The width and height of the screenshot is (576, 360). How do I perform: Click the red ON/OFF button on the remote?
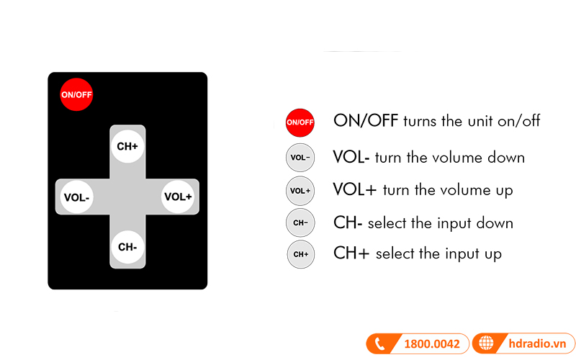coord(76,94)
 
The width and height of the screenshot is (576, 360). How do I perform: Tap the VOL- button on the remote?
coord(77,197)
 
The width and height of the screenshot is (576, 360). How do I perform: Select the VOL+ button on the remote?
coord(178,197)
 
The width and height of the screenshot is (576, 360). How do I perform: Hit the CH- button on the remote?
coord(127,247)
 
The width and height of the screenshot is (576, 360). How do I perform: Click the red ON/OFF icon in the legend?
coord(300,122)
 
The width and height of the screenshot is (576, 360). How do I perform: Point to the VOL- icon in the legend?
coord(300,158)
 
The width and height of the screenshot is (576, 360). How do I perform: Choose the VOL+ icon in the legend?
coord(300,191)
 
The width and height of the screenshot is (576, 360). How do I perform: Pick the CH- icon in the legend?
coord(300,222)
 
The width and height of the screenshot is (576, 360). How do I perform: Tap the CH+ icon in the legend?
coord(301,254)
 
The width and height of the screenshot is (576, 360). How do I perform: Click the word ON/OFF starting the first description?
coord(366,120)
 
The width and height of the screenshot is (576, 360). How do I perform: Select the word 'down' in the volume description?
coord(506,158)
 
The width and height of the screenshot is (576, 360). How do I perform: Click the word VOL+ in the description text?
coord(355,190)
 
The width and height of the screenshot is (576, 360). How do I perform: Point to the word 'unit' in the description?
coord(480,121)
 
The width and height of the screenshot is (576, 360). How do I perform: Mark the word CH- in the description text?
coord(348,222)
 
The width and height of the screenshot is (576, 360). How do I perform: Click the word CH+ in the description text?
coord(351,253)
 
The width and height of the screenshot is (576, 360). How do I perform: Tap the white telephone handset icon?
coord(379,344)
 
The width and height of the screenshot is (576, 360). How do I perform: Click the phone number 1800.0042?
coord(432,344)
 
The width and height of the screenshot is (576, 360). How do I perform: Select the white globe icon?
coord(486,343)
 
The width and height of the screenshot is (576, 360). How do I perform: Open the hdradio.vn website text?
coord(537,344)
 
